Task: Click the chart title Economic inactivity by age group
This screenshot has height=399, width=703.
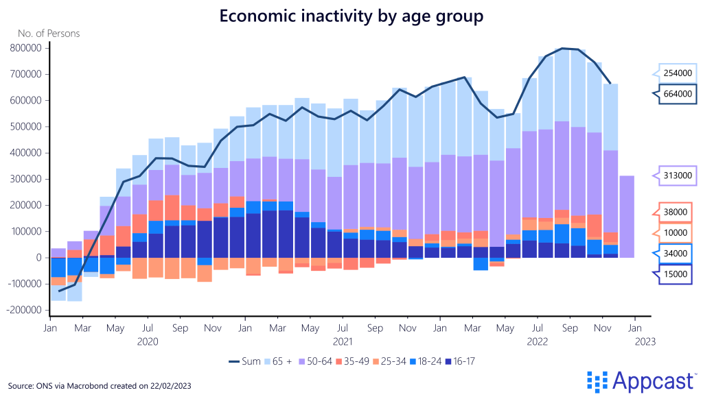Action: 351,15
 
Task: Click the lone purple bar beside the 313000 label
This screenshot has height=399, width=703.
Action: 627,217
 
